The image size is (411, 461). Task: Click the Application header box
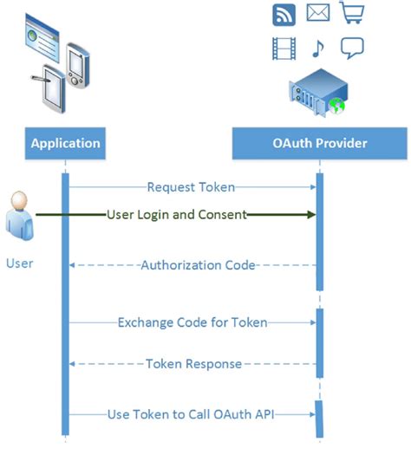pyautogui.click(x=65, y=143)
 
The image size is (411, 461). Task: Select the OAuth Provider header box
pyautogui.click(x=319, y=143)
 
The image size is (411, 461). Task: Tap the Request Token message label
pyautogui.click(x=191, y=187)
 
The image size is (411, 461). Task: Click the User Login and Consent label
pyautogui.click(x=177, y=214)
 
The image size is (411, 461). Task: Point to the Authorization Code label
pyautogui.click(x=198, y=265)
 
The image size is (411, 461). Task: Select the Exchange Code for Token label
pyautogui.click(x=192, y=322)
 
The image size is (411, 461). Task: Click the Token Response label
pyautogui.click(x=193, y=364)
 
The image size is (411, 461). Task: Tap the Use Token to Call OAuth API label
pyautogui.click(x=191, y=414)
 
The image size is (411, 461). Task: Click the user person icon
pyautogui.click(x=19, y=216)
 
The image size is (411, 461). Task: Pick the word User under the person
pyautogui.click(x=19, y=263)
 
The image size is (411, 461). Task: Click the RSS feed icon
pyautogui.click(x=284, y=15)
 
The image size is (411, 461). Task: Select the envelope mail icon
pyautogui.click(x=318, y=12)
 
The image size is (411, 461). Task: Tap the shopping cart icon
pyautogui.click(x=352, y=12)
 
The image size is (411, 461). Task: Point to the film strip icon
pyautogui.click(x=284, y=49)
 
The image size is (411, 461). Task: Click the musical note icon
pyautogui.click(x=317, y=49)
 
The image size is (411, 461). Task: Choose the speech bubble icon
pyautogui.click(x=352, y=48)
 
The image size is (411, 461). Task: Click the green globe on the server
pyautogui.click(x=337, y=106)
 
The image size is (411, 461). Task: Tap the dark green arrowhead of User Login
pyautogui.click(x=311, y=214)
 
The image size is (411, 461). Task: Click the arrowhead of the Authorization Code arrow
pyautogui.click(x=72, y=265)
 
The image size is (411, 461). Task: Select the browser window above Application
pyautogui.click(x=42, y=37)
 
